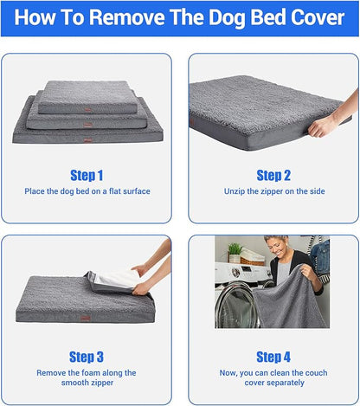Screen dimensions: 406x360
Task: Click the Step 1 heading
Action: tap(87, 175)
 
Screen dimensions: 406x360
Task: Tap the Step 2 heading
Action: tap(273, 175)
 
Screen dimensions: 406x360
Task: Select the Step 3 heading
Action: tap(87, 357)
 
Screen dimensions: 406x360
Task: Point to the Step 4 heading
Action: tap(273, 357)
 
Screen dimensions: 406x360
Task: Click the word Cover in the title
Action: tap(313, 18)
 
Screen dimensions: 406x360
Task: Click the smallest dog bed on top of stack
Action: tap(84, 99)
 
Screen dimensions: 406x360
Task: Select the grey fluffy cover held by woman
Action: tap(299, 303)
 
